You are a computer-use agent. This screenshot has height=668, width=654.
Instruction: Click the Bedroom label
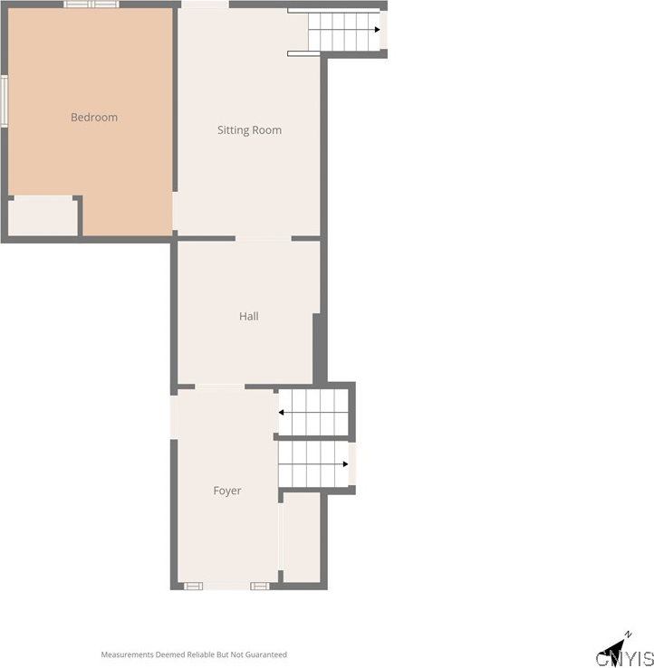(x=94, y=118)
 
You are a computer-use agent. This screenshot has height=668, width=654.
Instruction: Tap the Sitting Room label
(x=249, y=130)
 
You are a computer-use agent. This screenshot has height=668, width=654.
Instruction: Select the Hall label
(x=249, y=317)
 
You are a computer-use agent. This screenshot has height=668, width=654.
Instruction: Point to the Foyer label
(x=227, y=491)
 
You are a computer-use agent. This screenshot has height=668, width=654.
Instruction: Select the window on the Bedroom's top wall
(x=91, y=5)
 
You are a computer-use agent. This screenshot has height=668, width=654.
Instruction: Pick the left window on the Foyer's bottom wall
(x=194, y=587)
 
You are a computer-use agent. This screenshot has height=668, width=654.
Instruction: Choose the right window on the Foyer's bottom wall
(x=259, y=587)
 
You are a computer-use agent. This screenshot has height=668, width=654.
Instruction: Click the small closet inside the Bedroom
(x=43, y=216)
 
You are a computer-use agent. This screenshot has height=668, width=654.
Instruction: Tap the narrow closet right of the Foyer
(x=302, y=538)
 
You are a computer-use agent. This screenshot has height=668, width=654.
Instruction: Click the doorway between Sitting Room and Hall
(x=263, y=238)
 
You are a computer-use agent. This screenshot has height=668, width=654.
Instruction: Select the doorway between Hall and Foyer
(x=219, y=386)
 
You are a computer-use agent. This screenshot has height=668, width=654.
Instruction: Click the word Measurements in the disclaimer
(x=128, y=654)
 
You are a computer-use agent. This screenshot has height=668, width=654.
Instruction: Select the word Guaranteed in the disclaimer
(x=266, y=654)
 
